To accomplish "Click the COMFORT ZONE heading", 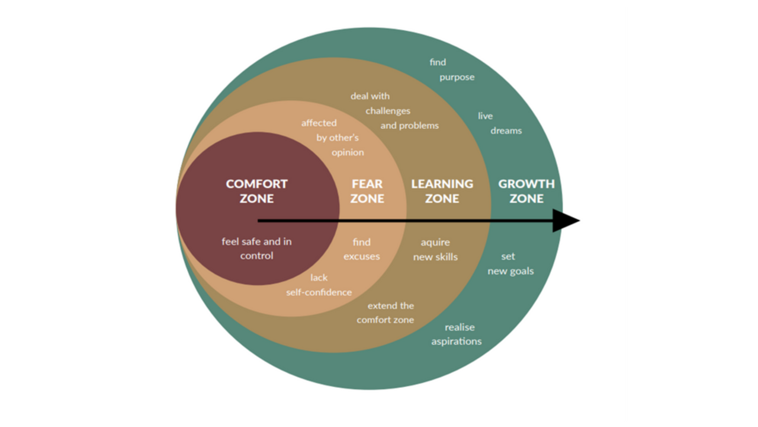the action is tap(256, 191).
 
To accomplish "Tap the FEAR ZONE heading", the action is tap(367, 191).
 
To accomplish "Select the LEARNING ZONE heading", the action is tap(442, 191).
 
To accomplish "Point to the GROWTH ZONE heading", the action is tap(526, 191).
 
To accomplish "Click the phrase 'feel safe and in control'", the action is tap(256, 248).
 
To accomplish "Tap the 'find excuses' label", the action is tap(361, 249).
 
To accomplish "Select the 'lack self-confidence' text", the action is tap(319, 285).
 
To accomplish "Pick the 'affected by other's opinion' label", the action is tap(332, 138).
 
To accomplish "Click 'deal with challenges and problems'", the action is tap(394, 111).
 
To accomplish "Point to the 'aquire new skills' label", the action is tap(435, 250).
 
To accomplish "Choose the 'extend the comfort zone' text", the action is tap(386, 313).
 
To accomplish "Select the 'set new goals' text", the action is tap(510, 264).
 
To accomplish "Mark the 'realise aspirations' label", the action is tap(457, 334).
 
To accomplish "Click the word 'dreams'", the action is tap(506, 130).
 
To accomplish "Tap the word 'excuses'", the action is tap(361, 257).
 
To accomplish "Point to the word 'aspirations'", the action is tap(457, 342).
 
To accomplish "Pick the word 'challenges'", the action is tap(388, 111).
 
